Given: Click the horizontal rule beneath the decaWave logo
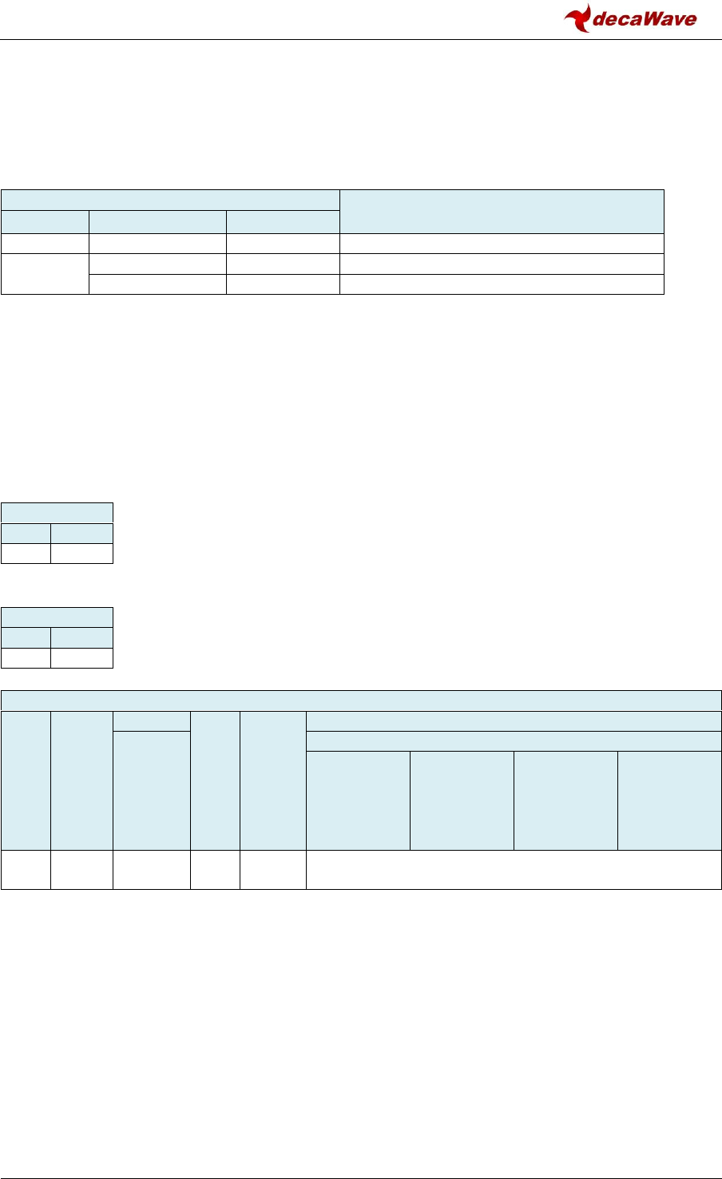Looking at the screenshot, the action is click(x=361, y=40).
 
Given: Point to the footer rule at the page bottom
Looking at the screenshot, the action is click(x=361, y=1156).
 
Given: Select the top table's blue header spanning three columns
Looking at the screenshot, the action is click(x=170, y=200).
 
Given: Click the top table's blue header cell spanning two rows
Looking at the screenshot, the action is click(x=502, y=210).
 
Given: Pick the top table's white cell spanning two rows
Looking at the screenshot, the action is click(x=45, y=274).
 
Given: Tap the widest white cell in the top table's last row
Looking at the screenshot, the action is click(x=502, y=284).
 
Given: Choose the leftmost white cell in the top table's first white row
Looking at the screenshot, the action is click(x=45, y=244).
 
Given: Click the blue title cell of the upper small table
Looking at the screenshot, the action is click(x=57, y=513).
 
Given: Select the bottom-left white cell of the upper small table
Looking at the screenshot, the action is click(x=26, y=554).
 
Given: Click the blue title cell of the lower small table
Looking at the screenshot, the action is click(x=57, y=617).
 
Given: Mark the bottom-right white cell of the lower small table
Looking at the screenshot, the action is click(x=81, y=657).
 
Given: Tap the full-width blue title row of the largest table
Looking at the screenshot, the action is click(x=361, y=700).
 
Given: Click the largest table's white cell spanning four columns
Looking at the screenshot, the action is click(x=514, y=869).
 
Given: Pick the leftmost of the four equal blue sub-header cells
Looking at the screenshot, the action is click(x=358, y=800).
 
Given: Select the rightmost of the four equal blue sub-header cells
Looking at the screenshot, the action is click(x=669, y=800).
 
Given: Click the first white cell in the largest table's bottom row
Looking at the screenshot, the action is click(x=26, y=869).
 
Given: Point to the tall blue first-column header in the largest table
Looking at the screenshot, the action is click(x=26, y=780).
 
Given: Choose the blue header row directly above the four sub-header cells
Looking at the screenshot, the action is click(x=514, y=740).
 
